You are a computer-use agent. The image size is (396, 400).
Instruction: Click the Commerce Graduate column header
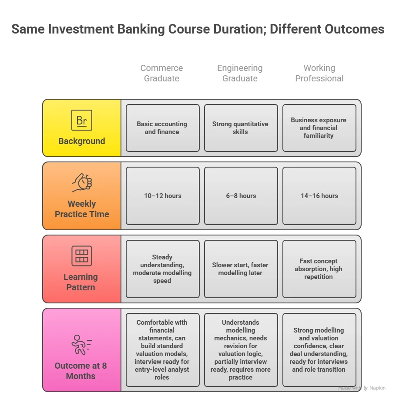161,73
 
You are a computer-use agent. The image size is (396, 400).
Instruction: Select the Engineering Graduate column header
240,73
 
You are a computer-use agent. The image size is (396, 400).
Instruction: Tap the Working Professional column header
319,73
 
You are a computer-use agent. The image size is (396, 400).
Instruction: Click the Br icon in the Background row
82,120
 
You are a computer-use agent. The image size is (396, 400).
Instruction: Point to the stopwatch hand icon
82,183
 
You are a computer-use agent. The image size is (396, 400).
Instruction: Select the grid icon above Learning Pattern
82,256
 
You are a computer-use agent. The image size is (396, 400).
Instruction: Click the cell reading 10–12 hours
163,196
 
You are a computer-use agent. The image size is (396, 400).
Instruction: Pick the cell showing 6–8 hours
241,196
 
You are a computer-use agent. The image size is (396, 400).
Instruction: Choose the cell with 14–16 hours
319,196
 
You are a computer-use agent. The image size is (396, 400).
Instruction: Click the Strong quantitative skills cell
241,128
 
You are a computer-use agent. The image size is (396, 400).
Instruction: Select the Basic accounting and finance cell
162,128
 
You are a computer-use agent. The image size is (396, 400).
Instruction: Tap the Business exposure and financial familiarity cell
319,128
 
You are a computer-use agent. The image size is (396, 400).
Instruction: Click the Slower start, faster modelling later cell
241,269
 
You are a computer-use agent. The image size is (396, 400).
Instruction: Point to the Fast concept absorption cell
319,269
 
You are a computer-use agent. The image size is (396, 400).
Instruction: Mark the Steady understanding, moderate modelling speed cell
162,269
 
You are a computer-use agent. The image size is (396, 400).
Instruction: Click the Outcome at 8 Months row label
81,371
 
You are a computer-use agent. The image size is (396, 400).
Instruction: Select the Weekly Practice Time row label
82,209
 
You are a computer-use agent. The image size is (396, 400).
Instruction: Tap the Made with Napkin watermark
362,388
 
